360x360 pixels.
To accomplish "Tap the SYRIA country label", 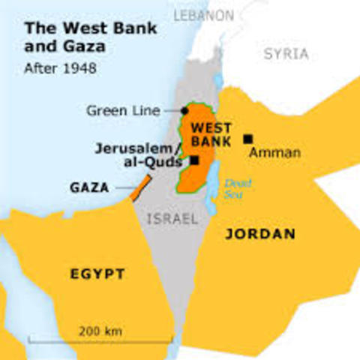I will (286, 54).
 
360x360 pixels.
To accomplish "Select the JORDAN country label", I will (260, 234).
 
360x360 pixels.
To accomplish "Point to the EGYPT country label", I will (97, 274).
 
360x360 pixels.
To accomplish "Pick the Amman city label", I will (274, 153).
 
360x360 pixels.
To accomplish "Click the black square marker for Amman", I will (247, 139).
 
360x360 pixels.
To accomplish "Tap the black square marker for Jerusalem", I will (195, 160).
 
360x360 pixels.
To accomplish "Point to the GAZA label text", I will (89, 187).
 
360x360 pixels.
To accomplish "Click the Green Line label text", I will (123, 111).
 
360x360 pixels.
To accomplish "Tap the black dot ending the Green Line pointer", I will (184, 111).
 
